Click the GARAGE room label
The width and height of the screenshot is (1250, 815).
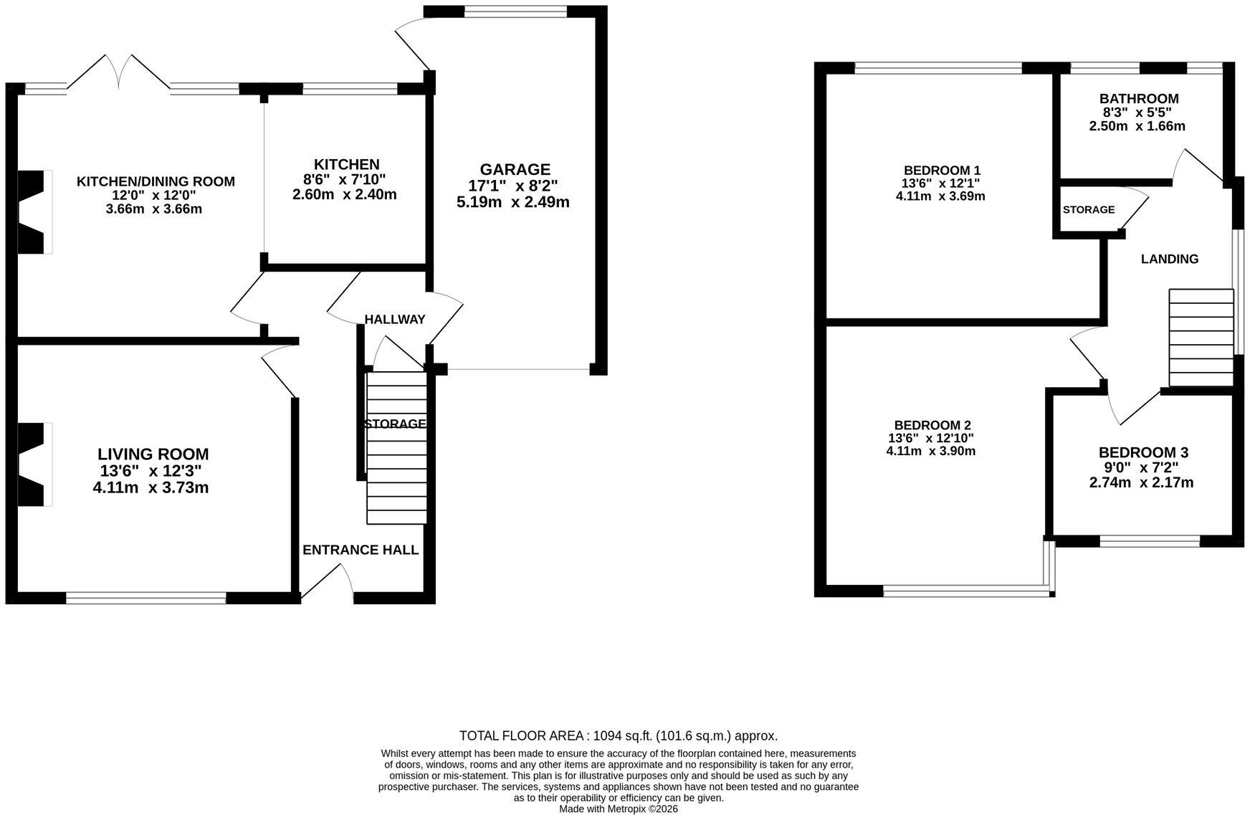coord(515,170)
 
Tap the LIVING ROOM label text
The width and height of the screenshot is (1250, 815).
coord(153,454)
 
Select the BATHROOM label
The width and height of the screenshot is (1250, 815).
coord(1139,99)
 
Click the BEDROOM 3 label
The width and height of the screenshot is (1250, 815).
coord(1143,452)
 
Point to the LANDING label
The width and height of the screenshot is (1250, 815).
coord(1169,259)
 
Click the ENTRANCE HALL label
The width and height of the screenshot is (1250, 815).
coord(361,550)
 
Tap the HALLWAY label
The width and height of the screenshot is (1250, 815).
coord(395,319)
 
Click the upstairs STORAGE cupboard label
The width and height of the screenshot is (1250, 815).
coord(1088,209)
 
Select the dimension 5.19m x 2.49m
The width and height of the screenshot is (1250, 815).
coord(513,202)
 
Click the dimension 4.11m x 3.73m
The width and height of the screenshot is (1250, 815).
coord(151,488)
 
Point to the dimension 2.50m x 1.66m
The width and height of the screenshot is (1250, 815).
coord(1137,126)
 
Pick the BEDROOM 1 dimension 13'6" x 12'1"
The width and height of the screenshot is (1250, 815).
coord(940,184)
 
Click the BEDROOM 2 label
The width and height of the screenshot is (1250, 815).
coord(932,425)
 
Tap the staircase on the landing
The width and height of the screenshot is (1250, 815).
coord(1201,338)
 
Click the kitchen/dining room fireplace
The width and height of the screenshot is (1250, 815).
coord(34,211)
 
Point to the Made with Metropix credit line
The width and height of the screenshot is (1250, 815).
coord(619,809)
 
